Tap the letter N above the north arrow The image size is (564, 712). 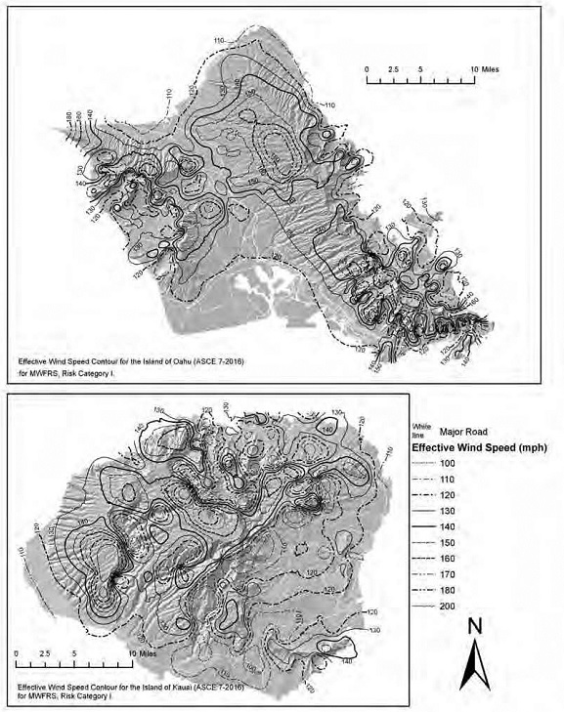pyautogui.click(x=474, y=624)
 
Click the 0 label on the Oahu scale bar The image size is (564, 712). pyautogui.click(x=367, y=71)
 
